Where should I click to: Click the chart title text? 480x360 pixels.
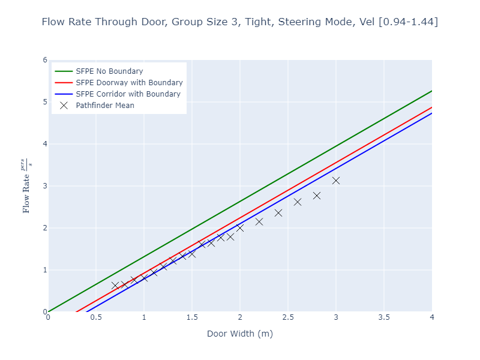point(240,22)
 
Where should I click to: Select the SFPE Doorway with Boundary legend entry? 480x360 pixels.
point(129,83)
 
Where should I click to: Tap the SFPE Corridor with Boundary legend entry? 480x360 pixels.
point(128,94)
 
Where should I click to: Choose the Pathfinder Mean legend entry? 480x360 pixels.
point(105,106)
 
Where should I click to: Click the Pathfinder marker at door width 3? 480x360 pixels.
point(336,181)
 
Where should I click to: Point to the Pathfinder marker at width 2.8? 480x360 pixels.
point(317,196)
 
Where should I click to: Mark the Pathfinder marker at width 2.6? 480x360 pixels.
point(298,202)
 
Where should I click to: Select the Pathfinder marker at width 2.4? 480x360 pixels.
point(278,213)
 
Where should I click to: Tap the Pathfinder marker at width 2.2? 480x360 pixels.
point(259,222)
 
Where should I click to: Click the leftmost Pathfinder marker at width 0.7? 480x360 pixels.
point(115,286)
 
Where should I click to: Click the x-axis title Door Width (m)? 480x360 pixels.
point(240,334)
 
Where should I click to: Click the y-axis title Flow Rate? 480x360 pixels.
point(26,186)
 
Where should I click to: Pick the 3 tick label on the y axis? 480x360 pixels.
point(44,186)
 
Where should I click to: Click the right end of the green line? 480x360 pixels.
point(431,91)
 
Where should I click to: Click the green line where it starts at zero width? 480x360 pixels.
point(49,311)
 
